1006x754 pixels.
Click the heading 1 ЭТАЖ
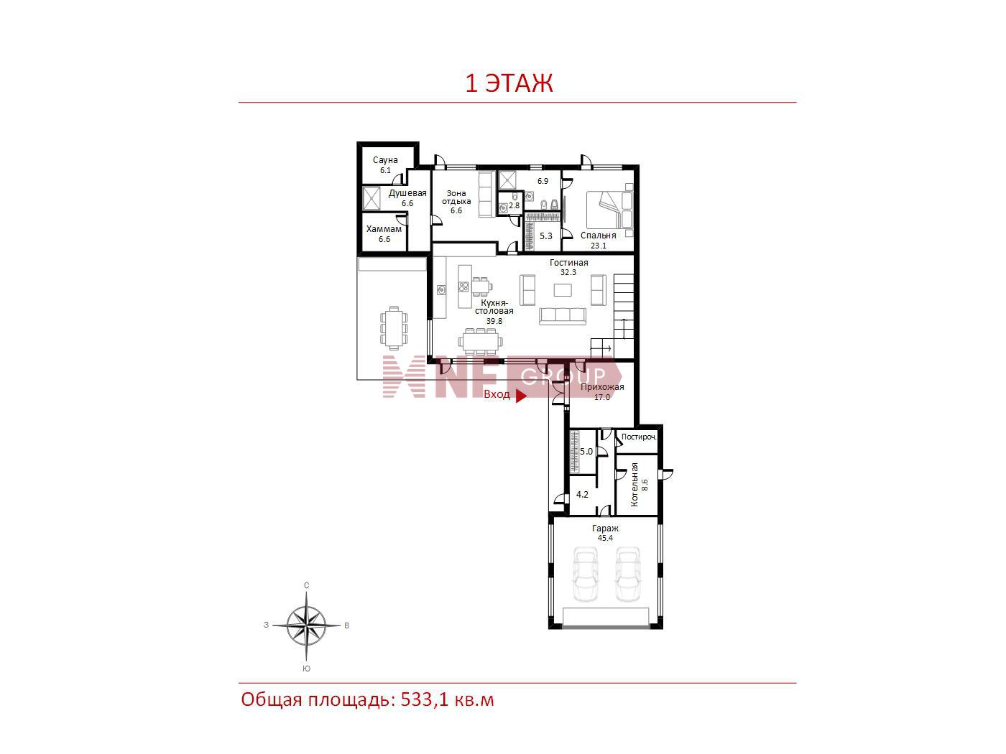(x=509, y=83)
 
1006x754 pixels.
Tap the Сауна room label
(x=385, y=159)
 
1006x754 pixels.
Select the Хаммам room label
(x=384, y=229)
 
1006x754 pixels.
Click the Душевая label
(x=407, y=193)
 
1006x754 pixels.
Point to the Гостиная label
(x=569, y=263)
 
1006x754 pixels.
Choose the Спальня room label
(x=598, y=236)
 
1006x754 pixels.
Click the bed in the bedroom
(x=609, y=209)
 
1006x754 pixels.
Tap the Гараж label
(x=605, y=529)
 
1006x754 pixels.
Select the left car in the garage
(x=585, y=574)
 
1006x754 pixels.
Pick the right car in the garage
(x=627, y=574)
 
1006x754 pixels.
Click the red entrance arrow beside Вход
(x=521, y=395)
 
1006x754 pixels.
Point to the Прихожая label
(x=602, y=387)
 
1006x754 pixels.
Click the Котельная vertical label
(x=634, y=484)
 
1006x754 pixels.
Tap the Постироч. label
(x=639, y=437)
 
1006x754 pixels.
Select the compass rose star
(x=306, y=625)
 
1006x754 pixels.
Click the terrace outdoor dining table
(x=394, y=327)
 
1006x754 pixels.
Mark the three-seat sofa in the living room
(x=563, y=317)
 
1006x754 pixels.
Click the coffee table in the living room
(x=563, y=290)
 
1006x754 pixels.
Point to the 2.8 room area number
(x=514, y=205)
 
